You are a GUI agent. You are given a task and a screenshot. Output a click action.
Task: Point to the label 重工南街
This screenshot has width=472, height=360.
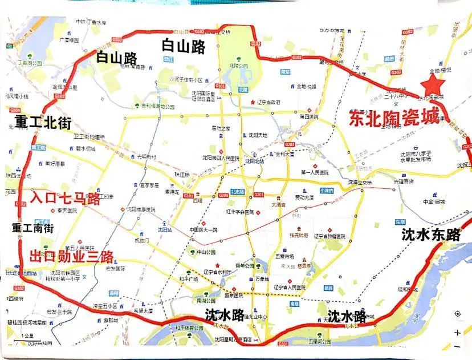point(33,228)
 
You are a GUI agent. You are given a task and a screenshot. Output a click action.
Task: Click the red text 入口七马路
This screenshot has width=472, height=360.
point(65,199)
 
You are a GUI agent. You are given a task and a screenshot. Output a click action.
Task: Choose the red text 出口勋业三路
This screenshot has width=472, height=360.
point(71,255)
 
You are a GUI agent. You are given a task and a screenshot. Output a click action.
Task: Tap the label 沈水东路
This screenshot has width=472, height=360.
point(430,234)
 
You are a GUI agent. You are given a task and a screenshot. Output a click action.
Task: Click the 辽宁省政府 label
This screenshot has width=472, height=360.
point(268,102)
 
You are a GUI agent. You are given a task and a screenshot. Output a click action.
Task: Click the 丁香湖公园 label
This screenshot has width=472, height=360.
point(30,63)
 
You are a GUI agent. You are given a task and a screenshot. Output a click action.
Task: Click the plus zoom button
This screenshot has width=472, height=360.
point(458,333)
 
